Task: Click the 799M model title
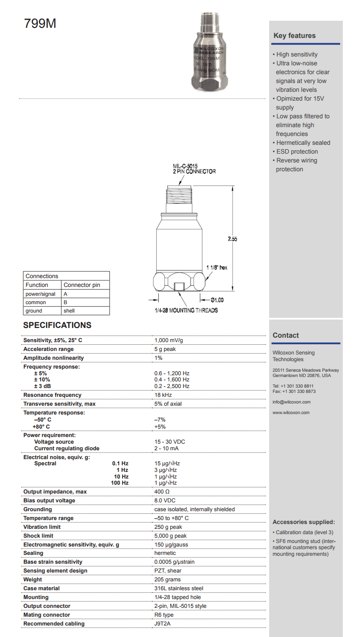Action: point(40,23)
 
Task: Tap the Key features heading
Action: point(294,36)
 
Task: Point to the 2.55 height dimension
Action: point(232,238)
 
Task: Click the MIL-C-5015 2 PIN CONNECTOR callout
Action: point(194,169)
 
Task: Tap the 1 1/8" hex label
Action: point(217,268)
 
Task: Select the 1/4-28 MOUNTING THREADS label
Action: point(183,310)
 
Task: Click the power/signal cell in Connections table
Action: point(41,294)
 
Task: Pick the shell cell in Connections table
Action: point(69,310)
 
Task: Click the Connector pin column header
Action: point(82,285)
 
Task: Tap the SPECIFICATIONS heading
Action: point(57,325)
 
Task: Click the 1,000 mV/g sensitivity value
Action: point(169,340)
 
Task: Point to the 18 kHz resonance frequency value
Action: point(163,395)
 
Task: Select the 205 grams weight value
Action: point(168,579)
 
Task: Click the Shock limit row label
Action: point(38,535)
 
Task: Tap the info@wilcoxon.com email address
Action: point(292,402)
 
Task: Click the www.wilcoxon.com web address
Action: point(291,412)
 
